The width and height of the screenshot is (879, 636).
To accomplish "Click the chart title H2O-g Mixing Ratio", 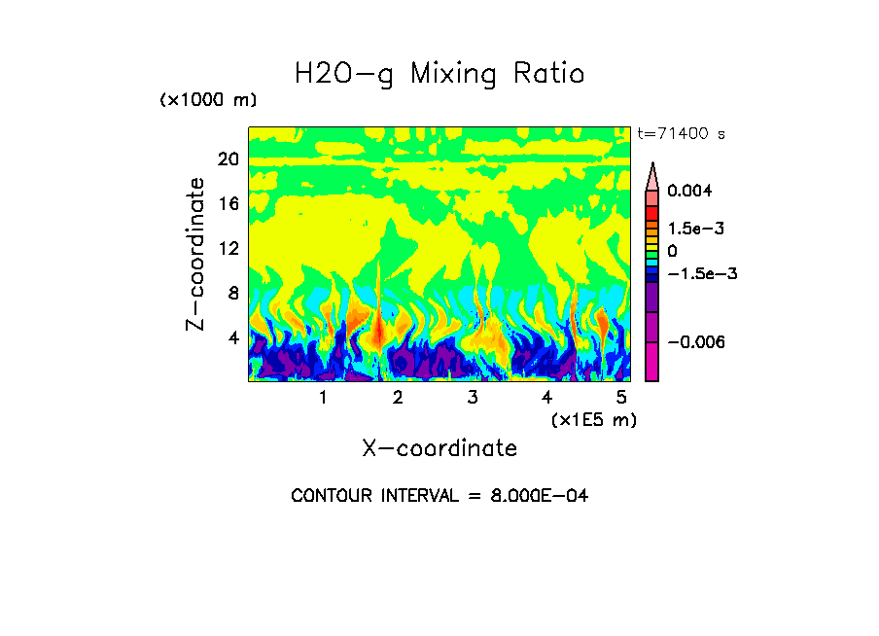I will [439, 74].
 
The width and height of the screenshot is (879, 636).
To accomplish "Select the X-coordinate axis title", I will [439, 448].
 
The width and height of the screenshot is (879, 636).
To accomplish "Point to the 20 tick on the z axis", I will [228, 159].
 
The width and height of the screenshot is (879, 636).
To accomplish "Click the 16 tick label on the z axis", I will [228, 204].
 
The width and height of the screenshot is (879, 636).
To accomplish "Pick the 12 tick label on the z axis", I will [228, 248].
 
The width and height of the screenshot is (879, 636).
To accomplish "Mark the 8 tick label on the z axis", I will [232, 293].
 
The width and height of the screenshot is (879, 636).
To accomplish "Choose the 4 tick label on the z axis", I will [232, 337].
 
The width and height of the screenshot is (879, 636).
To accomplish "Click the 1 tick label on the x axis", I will [323, 398].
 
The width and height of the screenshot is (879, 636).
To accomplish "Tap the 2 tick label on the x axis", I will [398, 398].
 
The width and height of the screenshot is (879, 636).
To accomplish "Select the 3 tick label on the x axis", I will [473, 398].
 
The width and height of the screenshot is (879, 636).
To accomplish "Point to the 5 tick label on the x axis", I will [621, 398].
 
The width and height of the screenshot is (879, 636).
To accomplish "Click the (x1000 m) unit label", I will [208, 101].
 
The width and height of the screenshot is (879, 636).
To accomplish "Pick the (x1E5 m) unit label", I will [594, 420].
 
